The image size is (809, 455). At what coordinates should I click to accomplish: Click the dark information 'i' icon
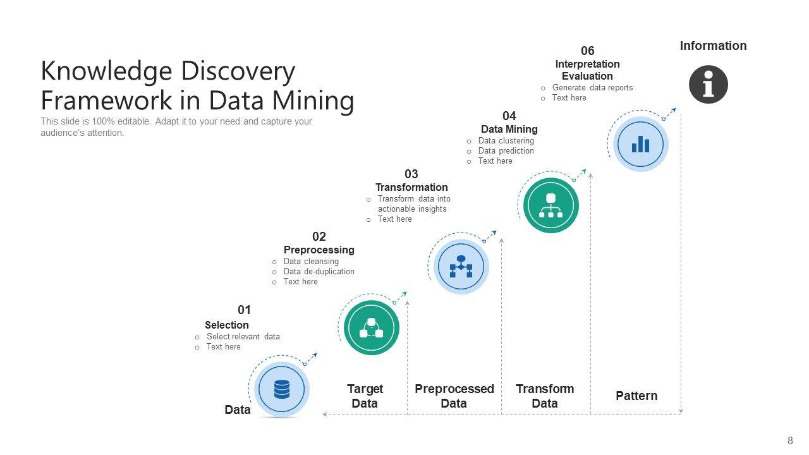[708, 84]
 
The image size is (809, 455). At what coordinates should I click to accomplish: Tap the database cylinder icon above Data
[282, 389]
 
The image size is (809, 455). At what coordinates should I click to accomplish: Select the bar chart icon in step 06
[640, 144]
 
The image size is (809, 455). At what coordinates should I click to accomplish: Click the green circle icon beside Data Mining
[550, 205]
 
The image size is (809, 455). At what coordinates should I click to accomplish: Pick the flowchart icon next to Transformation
[461, 267]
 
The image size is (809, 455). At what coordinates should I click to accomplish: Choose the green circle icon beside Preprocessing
[372, 327]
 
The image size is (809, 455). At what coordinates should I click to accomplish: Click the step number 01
[245, 310]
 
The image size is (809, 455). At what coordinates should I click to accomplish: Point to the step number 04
[509, 116]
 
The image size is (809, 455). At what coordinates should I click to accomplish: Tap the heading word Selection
[226, 325]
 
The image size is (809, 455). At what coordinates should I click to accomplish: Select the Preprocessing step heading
[319, 250]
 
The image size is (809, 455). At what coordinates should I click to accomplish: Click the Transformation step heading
[411, 187]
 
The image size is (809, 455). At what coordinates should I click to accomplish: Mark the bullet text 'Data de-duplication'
[319, 272]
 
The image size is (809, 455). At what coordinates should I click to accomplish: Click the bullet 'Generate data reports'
[592, 88]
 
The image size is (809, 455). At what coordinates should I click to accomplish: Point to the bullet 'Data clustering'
[506, 141]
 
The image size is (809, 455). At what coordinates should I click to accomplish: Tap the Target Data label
[365, 396]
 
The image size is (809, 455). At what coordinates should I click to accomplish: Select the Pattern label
[636, 396]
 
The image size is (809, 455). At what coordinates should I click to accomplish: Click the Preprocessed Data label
[454, 396]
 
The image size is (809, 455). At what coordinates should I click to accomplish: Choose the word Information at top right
[713, 45]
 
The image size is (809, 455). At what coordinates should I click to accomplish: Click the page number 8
[790, 441]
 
